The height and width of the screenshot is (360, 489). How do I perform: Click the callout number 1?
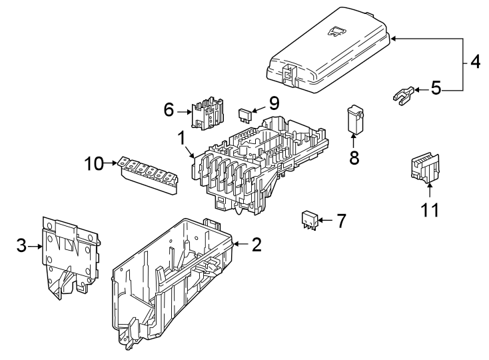click(181, 139)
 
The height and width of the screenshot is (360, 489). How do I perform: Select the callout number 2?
click(256, 245)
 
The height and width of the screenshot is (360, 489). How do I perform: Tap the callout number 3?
click(22, 246)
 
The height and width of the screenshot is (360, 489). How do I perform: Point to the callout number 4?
click(474, 63)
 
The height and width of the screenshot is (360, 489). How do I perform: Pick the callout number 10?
click(95, 163)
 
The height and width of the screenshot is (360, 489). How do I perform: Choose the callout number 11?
click(430, 211)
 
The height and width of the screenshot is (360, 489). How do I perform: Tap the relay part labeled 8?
click(355, 118)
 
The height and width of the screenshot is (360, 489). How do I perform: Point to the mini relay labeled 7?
click(308, 219)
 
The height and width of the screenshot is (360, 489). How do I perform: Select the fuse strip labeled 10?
click(150, 175)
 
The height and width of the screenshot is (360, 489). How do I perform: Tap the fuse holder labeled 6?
click(207, 113)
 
